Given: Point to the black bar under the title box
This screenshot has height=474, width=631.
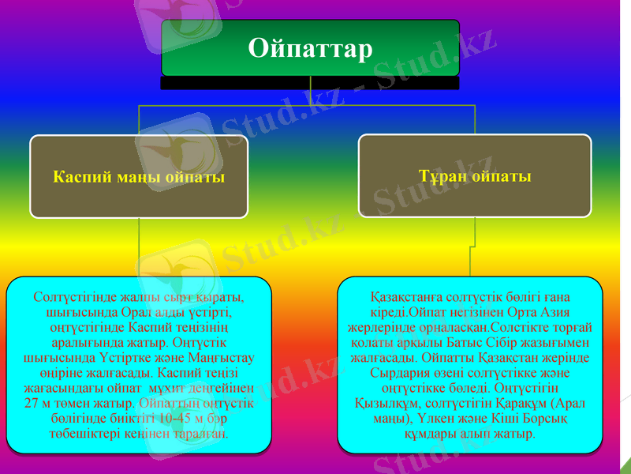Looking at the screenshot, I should click(x=310, y=82).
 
